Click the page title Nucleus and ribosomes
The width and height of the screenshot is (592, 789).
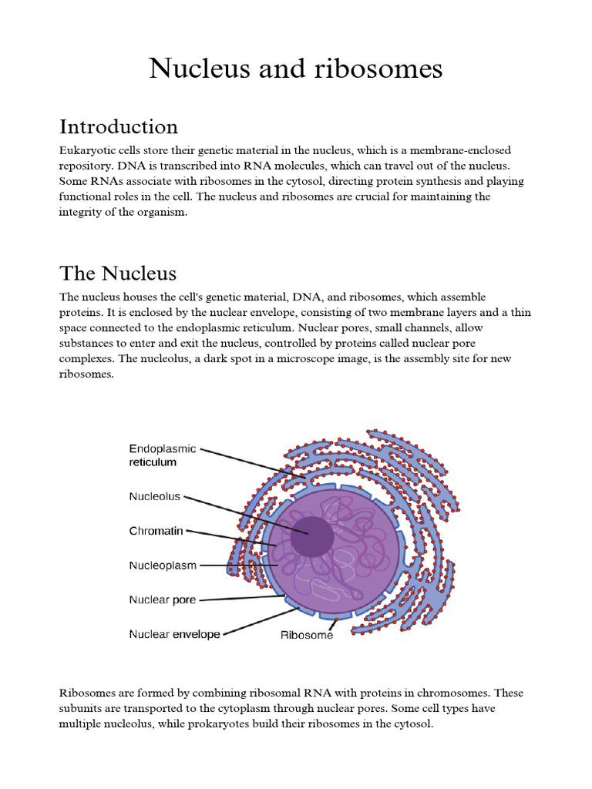[296, 69]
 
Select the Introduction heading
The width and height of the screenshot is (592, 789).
[118, 126]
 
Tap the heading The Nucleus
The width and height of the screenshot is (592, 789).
[118, 273]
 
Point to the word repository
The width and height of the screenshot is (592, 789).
[87, 166]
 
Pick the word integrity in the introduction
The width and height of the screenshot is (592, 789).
[80, 212]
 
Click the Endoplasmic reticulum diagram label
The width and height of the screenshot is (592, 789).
[163, 455]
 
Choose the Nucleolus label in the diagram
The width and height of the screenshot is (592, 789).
[154, 497]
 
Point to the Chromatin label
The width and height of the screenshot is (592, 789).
[156, 531]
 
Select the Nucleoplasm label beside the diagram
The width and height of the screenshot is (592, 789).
[163, 566]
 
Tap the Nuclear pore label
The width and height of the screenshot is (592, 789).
[163, 599]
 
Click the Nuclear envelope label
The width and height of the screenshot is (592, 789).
[174, 634]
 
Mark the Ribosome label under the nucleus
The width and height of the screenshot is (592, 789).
[307, 636]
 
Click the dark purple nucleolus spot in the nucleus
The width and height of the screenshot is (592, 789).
[311, 536]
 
